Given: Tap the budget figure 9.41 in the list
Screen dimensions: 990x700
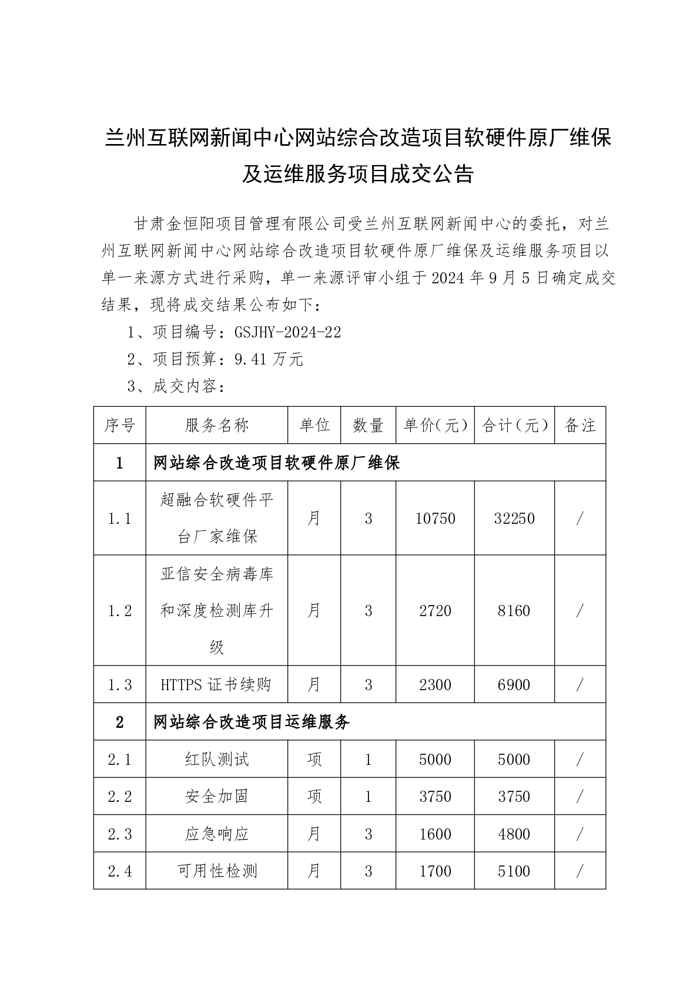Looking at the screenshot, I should click(x=251, y=359).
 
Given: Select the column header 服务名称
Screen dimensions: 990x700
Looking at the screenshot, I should click(x=217, y=426).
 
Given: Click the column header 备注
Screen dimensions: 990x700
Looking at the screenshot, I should click(x=580, y=426).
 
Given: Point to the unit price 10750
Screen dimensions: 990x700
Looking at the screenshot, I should click(x=435, y=519).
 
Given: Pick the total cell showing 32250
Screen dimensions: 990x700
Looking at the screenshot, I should click(x=514, y=519).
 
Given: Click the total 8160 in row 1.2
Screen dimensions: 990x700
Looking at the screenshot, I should click(x=514, y=611).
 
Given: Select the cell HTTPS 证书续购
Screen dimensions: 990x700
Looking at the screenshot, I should click(x=216, y=685).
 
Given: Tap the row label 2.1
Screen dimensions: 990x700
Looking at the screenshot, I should click(x=120, y=760).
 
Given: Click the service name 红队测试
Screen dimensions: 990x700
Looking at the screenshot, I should click(x=217, y=760).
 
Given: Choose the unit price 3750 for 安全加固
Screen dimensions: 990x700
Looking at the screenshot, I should click(x=435, y=797).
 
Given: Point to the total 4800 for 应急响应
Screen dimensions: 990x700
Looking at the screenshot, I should click(x=514, y=834).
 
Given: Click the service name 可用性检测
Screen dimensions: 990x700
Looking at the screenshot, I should click(x=217, y=871).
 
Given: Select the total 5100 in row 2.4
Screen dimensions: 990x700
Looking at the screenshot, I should click(x=514, y=871).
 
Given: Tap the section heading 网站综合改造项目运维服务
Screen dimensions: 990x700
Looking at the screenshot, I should click(x=252, y=722).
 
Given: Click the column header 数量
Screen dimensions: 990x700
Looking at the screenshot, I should click(x=369, y=426).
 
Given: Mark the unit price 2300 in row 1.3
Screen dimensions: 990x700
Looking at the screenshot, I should click(x=435, y=685).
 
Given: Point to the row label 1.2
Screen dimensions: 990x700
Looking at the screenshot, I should click(x=120, y=611).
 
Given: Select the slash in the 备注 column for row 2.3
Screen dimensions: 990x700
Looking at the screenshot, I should click(x=580, y=834).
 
